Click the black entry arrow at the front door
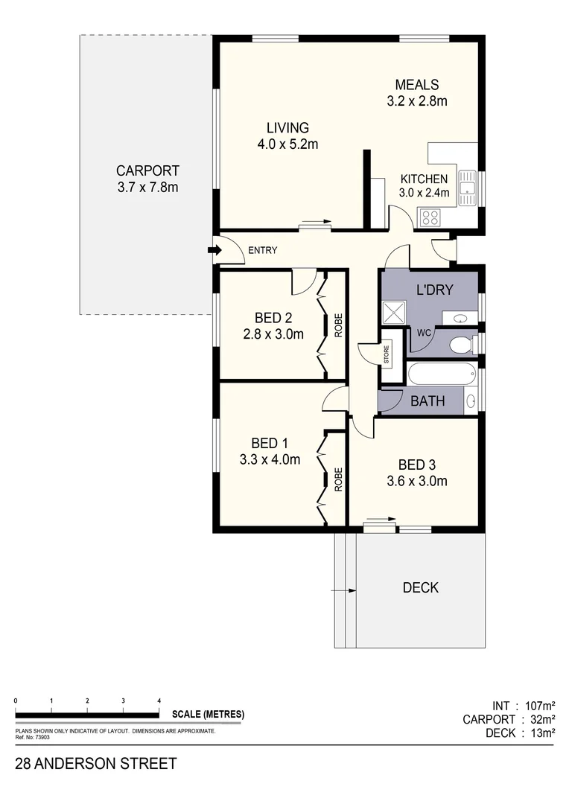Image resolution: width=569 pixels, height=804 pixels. (x=212, y=251)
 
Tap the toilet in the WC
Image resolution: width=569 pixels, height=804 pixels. (x=462, y=345)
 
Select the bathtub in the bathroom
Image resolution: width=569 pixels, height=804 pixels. (x=440, y=374)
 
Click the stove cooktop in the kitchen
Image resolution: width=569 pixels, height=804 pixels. (x=430, y=217)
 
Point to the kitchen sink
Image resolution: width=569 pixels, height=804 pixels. (x=468, y=187)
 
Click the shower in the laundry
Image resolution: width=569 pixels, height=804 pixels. (x=393, y=313)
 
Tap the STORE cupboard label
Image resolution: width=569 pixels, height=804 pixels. (x=387, y=354)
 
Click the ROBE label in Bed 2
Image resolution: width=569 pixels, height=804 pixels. (x=337, y=325)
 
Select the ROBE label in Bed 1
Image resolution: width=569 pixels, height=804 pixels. (x=337, y=479)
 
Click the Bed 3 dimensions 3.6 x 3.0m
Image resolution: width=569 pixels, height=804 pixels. (x=416, y=481)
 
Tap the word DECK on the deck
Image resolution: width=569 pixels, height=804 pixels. (x=420, y=588)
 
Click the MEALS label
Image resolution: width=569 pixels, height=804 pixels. (x=417, y=85)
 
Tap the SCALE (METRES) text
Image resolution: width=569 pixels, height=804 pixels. (x=208, y=715)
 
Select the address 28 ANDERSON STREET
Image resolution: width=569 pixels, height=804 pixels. (x=96, y=764)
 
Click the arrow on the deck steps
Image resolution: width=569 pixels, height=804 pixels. (x=345, y=590)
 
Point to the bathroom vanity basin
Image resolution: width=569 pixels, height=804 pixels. (x=470, y=402)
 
